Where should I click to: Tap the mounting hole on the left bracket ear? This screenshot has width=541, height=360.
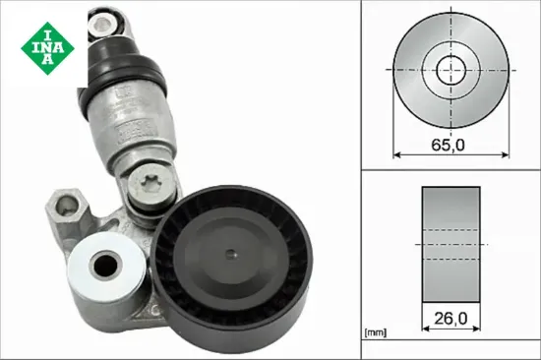click(x=66, y=208)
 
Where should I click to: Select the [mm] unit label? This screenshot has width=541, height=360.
click(x=376, y=332)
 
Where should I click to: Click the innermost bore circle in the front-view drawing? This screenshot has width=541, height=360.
click(x=450, y=69)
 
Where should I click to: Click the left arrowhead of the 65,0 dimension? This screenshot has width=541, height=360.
click(x=396, y=154)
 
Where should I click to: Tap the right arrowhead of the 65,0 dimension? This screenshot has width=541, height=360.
click(x=503, y=154)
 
